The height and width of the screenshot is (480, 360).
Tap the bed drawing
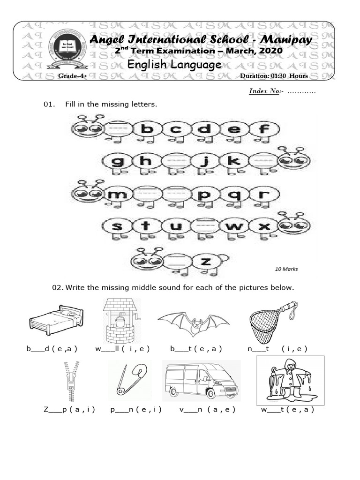(56, 320)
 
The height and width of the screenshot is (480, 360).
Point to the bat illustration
(194, 322)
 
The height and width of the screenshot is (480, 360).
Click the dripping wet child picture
(289, 380)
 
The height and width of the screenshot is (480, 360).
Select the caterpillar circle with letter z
(205, 261)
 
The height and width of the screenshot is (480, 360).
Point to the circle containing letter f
(264, 129)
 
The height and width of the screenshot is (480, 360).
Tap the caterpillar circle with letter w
(236, 227)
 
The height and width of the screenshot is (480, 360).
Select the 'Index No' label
(264, 91)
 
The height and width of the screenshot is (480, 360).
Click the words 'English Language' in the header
(174, 65)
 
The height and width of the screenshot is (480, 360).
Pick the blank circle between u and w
(206, 227)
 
